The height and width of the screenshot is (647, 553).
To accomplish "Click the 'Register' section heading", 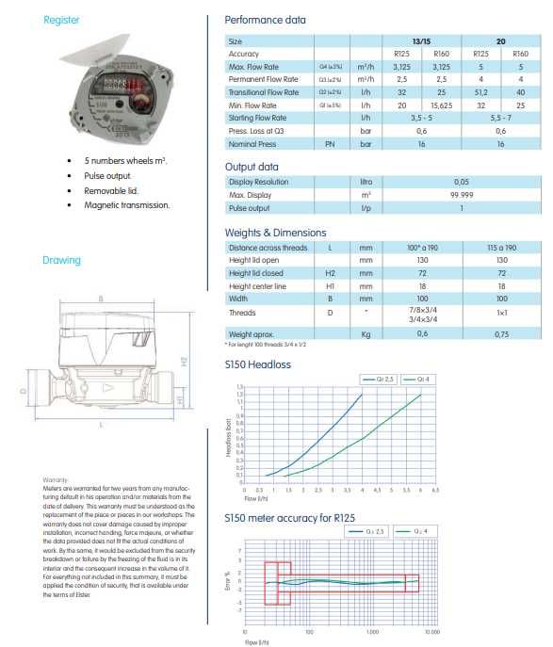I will [x=61, y=19].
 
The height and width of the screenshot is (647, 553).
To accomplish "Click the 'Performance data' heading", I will [x=266, y=20].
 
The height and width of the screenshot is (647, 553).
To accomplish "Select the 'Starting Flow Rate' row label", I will [x=256, y=118].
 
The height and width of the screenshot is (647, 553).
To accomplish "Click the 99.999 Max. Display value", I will [x=462, y=194].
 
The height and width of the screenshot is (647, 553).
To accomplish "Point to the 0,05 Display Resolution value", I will [x=462, y=182].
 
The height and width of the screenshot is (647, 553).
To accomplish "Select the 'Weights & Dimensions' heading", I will [x=275, y=232].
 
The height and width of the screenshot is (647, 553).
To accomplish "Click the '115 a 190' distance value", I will [x=502, y=247].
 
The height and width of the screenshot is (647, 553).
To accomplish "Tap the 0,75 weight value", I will [x=502, y=333].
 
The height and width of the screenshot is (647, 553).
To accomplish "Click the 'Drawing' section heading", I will [x=60, y=260].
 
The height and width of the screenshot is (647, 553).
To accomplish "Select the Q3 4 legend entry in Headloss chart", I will [x=415, y=379].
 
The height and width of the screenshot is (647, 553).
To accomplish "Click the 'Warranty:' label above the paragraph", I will [x=57, y=479].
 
